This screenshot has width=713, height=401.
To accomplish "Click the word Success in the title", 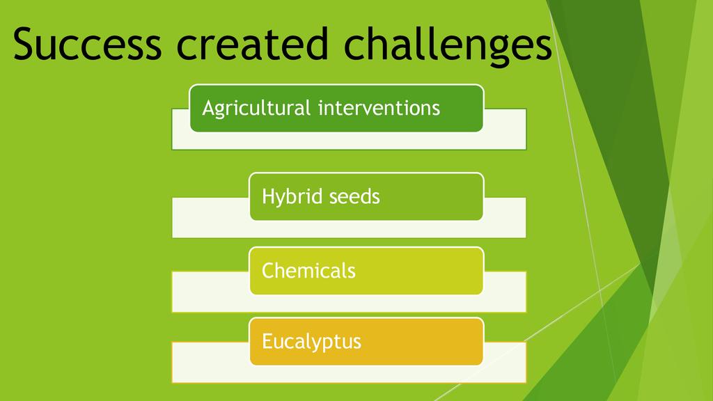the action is [x=87, y=44].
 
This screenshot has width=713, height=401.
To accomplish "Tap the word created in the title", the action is [x=252, y=44].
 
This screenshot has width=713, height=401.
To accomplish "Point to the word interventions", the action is [x=379, y=108].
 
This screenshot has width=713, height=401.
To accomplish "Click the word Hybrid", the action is [x=292, y=197].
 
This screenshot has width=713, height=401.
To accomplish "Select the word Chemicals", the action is [x=308, y=271].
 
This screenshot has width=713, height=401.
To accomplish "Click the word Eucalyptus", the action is [x=311, y=342].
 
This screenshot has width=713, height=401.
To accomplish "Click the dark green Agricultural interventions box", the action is [x=336, y=108].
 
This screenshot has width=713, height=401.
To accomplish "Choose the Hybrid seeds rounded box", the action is [x=366, y=196].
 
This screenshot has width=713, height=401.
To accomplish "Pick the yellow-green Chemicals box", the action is [x=366, y=271].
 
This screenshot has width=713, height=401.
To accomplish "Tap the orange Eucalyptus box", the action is [x=366, y=341].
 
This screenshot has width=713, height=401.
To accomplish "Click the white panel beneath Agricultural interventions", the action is [x=349, y=141].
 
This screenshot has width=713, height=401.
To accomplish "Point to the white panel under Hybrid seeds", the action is [x=349, y=229].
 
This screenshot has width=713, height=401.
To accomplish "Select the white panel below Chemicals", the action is [x=349, y=304].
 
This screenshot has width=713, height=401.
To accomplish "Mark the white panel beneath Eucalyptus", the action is [x=349, y=374].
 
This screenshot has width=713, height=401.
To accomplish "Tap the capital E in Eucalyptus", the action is [x=267, y=341].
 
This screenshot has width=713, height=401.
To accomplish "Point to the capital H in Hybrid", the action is [x=269, y=196].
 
